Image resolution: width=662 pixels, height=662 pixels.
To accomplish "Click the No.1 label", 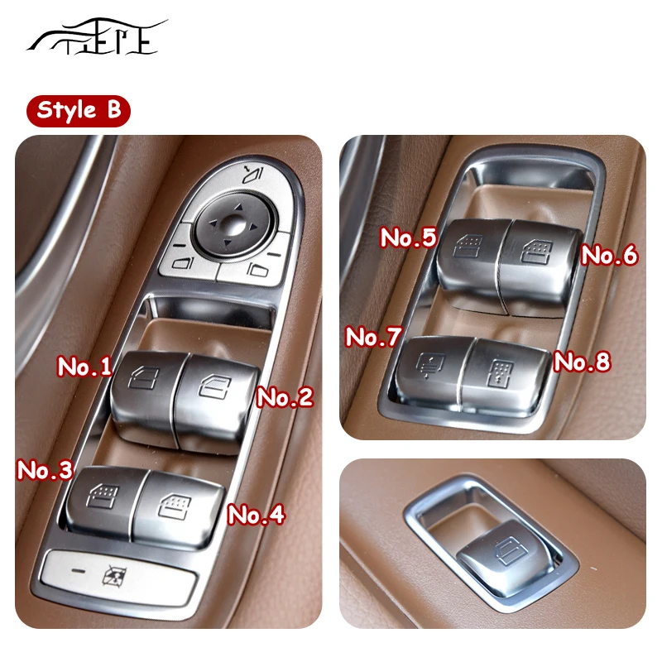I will [x=84, y=367].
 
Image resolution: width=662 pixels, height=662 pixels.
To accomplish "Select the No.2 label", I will [x=285, y=397].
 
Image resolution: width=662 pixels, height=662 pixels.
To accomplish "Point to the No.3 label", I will [x=45, y=470].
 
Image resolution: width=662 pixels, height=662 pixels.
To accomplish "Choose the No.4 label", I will [x=256, y=515].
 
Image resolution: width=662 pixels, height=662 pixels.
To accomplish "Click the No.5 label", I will [x=407, y=238].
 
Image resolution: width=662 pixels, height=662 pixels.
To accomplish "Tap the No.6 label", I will [x=609, y=256].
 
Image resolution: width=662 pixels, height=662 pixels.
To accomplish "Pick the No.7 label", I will [x=373, y=337].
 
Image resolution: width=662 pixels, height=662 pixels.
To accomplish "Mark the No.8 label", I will [x=582, y=362].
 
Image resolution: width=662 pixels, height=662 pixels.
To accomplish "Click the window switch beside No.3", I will [x=103, y=501].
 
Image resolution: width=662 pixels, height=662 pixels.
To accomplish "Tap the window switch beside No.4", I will [x=178, y=505].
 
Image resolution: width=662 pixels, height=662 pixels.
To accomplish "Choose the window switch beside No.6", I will [x=535, y=252].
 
